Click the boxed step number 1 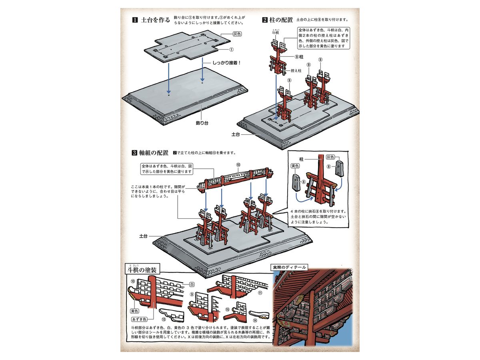[135, 20]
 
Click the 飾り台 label [202, 123]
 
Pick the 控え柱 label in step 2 [296, 70]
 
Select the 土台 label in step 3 [144, 236]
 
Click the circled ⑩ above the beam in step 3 [238, 164]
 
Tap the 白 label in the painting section [192, 284]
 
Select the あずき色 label [140, 319]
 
